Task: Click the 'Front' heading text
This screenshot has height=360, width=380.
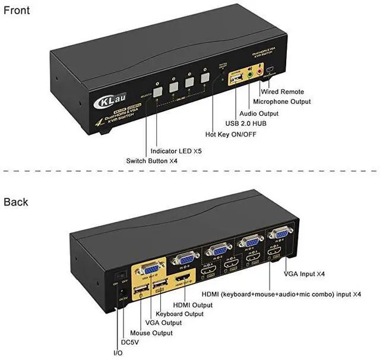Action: point(18,10)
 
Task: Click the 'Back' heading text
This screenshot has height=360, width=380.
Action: point(16,202)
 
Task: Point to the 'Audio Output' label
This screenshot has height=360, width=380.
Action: point(262,113)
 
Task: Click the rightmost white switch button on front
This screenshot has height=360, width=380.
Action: point(205,77)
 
